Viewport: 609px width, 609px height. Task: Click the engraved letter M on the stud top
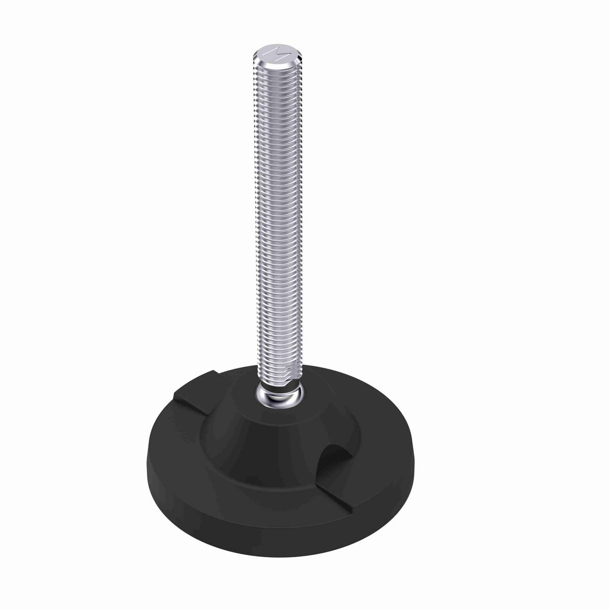click(277, 53)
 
